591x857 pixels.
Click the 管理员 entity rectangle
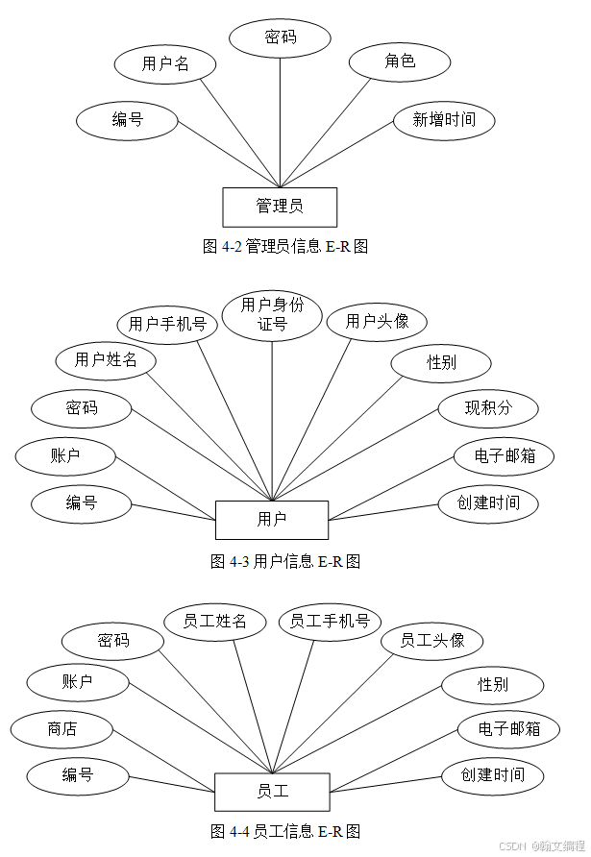[x=280, y=207]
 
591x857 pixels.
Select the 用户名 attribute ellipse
[x=164, y=64]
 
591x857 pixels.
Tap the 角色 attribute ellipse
[x=399, y=61]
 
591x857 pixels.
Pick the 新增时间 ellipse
[x=443, y=120]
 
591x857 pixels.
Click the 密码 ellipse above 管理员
[x=280, y=37]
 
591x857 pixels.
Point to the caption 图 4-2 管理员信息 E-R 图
[x=285, y=247]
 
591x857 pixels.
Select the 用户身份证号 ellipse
[x=272, y=314]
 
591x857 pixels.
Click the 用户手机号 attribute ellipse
[x=167, y=325]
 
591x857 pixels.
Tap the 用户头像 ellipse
[x=377, y=321]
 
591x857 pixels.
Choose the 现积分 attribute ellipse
[x=488, y=408]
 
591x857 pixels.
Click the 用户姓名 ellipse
[x=106, y=360]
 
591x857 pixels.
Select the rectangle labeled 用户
[x=272, y=520]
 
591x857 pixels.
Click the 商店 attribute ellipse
[x=62, y=729]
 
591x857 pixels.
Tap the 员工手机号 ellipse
[x=330, y=622]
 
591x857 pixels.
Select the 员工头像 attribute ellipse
[x=431, y=640]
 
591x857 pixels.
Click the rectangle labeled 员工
[x=272, y=792]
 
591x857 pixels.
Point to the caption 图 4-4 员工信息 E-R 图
[x=285, y=830]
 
